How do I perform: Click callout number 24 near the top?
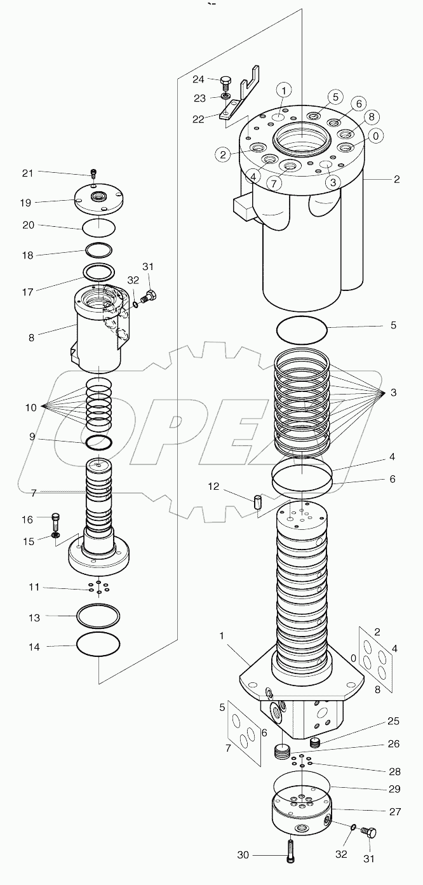(199, 79)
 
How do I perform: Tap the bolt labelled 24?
(224, 83)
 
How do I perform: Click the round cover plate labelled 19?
(98, 198)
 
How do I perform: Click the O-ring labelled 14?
(98, 645)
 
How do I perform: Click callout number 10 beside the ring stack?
(31, 407)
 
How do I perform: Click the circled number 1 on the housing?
(283, 88)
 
